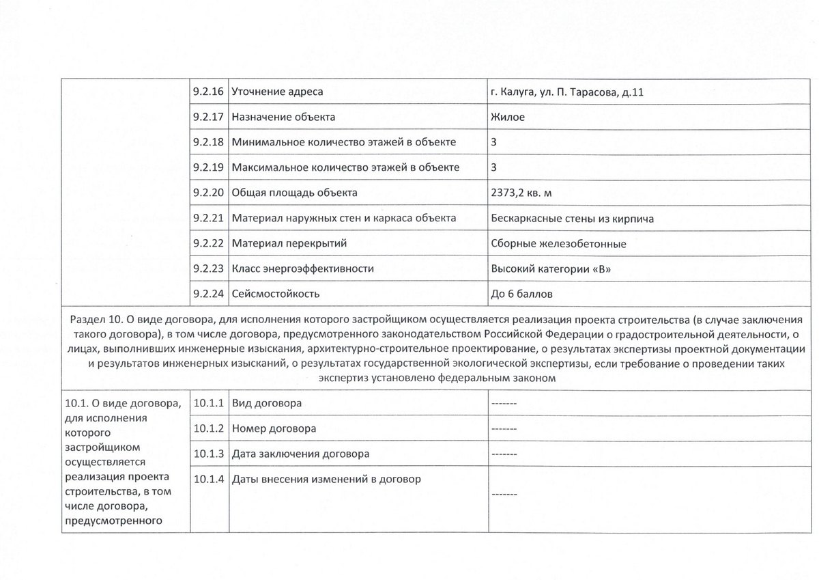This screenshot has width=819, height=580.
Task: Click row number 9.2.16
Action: (208, 92)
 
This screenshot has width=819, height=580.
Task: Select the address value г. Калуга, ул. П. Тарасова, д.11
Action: (566, 92)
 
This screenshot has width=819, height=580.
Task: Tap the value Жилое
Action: (507, 117)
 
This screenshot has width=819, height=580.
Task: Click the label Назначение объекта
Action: (283, 117)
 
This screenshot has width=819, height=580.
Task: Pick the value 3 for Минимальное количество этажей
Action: (493, 142)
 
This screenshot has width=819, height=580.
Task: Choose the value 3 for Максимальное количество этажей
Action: (493, 167)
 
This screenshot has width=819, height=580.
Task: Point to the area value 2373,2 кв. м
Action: (521, 193)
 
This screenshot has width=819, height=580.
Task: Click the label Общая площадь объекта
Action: (294, 193)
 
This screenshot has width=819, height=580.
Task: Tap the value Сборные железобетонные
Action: (558, 243)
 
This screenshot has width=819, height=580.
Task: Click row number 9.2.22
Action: (208, 243)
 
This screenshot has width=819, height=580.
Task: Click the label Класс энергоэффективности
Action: (303, 268)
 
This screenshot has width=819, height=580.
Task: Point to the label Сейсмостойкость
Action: (276, 294)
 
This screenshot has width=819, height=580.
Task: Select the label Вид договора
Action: (267, 403)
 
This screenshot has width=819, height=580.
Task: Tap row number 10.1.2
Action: (208, 428)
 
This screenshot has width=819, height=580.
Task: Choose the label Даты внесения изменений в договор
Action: (326, 479)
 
